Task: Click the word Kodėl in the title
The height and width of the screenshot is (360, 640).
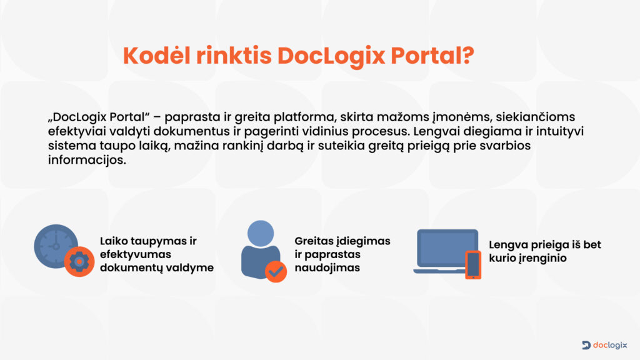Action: click(x=156, y=55)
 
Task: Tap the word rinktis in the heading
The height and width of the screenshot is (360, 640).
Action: click(x=234, y=55)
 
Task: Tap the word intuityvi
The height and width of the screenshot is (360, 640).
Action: click(x=559, y=131)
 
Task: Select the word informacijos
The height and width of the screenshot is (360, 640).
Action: click(x=87, y=160)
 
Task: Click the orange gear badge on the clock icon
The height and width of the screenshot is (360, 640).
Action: click(x=79, y=262)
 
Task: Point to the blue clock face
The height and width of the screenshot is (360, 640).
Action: click(x=56, y=246)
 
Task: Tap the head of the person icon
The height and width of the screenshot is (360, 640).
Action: click(x=261, y=234)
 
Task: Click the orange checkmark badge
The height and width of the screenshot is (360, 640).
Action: click(x=276, y=271)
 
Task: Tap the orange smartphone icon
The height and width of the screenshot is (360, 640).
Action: click(x=474, y=264)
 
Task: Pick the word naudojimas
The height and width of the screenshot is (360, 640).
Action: click(x=327, y=267)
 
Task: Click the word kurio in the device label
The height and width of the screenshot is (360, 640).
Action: click(x=502, y=258)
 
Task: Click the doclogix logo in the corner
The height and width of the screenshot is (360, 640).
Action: click(x=604, y=345)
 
